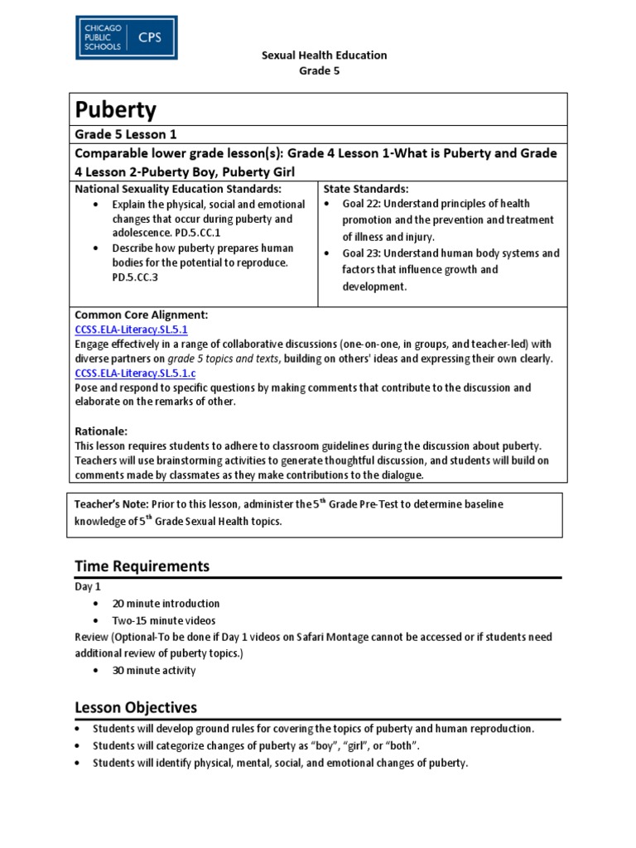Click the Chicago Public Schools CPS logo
click(x=126, y=37)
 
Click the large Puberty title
click(x=116, y=110)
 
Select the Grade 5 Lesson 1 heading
click(x=126, y=134)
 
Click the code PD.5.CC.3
click(x=137, y=277)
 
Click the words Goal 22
click(x=361, y=204)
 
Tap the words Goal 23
click(x=361, y=253)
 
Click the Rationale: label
click(x=101, y=431)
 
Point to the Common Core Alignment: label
click(x=141, y=316)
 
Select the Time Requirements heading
click(x=142, y=566)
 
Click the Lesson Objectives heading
click(x=136, y=708)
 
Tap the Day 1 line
click(x=87, y=587)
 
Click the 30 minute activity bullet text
click(x=154, y=670)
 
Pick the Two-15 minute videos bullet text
click(x=164, y=620)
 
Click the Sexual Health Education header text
click(x=324, y=55)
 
